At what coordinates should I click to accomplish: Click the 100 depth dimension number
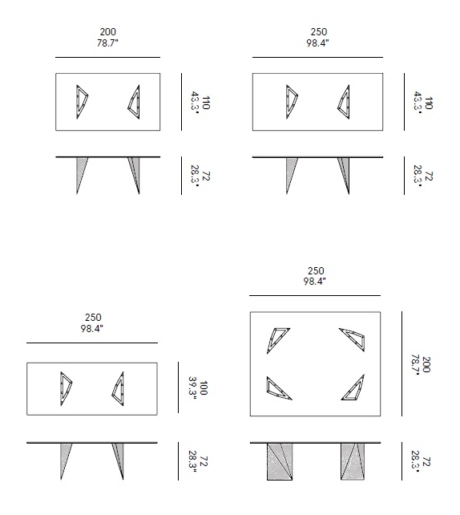coord(204,388)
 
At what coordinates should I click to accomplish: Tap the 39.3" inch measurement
coord(193,388)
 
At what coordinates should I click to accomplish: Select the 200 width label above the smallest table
coord(108,31)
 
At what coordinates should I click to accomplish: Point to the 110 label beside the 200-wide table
coord(206,103)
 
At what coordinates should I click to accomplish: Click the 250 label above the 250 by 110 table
coord(319,31)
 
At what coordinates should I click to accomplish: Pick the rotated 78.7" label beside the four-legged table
coord(416,364)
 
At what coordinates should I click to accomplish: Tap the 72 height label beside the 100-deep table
coord(204,461)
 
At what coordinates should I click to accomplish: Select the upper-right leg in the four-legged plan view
coord(353,339)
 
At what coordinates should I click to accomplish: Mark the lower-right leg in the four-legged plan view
coord(353,388)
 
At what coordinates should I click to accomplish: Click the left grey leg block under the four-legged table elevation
coord(280,461)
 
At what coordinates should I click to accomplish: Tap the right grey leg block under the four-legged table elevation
coord(353,461)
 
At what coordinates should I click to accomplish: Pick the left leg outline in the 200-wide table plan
coord(82,102)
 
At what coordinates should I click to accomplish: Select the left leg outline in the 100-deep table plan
coord(65,388)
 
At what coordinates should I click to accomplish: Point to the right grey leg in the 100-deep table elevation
coord(119,459)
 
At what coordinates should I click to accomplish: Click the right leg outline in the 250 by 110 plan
coord(345,102)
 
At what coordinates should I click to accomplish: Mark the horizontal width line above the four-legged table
coord(315,295)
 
